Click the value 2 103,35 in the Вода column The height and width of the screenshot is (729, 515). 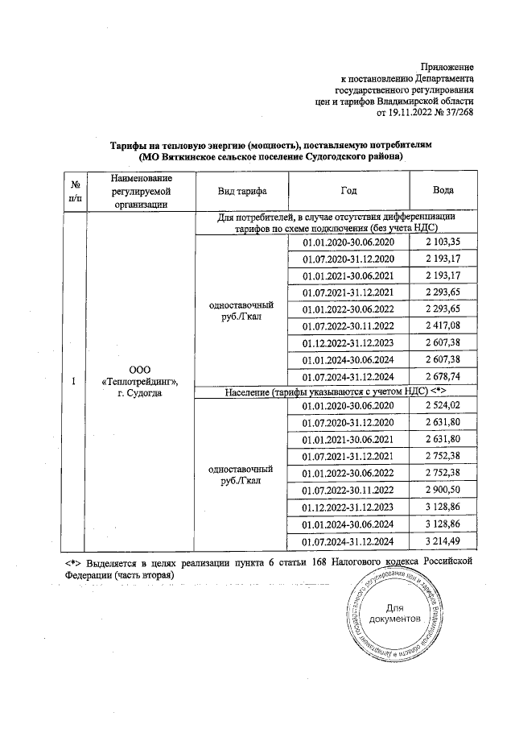click(442, 242)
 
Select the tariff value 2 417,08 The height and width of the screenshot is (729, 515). click(442, 325)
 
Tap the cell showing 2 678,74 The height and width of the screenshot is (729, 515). click(442, 376)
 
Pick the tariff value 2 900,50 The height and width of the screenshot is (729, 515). click(442, 489)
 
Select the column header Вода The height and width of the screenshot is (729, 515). click(442, 190)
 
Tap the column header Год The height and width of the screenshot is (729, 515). click(348, 190)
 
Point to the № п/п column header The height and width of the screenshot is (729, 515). click(74, 190)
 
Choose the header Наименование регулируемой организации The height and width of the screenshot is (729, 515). click(142, 190)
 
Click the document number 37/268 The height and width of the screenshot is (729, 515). click(458, 114)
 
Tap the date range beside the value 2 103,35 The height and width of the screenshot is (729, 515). click(348, 242)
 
